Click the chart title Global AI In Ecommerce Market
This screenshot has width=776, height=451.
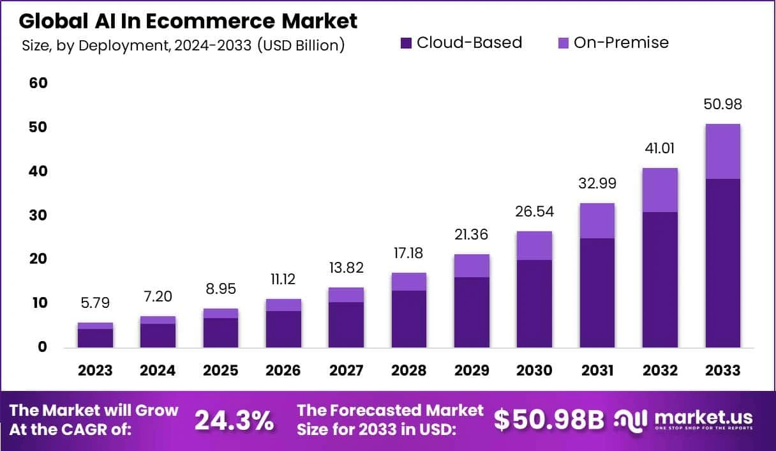(188, 20)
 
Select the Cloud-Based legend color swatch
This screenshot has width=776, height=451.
(406, 43)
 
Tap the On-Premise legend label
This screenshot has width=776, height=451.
(621, 43)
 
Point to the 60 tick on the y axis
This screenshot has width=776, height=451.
(38, 84)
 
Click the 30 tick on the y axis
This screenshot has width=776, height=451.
(38, 215)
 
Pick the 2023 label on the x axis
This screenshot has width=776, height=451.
(95, 371)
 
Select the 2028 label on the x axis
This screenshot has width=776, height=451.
(408, 371)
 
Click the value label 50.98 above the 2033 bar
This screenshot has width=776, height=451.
(722, 105)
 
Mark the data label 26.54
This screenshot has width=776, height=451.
(533, 211)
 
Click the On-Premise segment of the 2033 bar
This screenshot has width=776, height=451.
(722, 151)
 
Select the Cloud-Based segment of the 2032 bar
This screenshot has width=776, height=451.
(660, 279)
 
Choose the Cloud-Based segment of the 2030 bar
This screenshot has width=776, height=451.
(534, 303)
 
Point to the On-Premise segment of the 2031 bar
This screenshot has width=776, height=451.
(597, 220)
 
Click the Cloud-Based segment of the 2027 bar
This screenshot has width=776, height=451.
(346, 325)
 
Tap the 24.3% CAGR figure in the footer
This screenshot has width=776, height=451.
(234, 420)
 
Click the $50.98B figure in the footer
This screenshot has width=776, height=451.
(549, 420)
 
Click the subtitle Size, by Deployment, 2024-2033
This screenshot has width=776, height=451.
(183, 46)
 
